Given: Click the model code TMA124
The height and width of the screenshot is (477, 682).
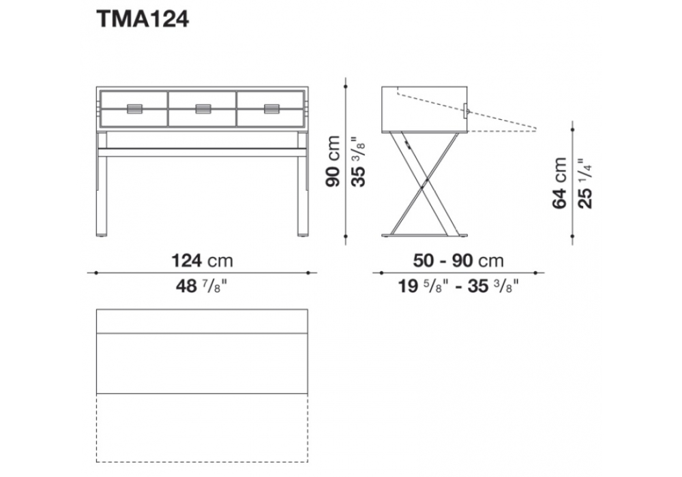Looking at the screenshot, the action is click(143, 20).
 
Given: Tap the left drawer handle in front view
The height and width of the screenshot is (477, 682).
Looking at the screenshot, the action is click(134, 108).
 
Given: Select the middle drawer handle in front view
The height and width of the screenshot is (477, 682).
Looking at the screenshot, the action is click(203, 108).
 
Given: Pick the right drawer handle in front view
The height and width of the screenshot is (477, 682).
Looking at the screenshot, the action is click(272, 108).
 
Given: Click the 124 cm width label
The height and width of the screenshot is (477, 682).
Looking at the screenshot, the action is click(203, 261).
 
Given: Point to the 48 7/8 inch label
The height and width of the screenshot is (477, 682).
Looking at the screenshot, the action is click(203, 286).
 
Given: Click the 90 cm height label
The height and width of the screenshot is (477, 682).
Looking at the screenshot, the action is click(333, 161).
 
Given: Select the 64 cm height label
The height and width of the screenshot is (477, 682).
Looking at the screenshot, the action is click(560, 183).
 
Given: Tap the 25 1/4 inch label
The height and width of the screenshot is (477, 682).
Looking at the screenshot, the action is click(585, 183).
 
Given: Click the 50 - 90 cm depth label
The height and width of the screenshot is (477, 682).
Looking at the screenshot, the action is click(458, 261).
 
